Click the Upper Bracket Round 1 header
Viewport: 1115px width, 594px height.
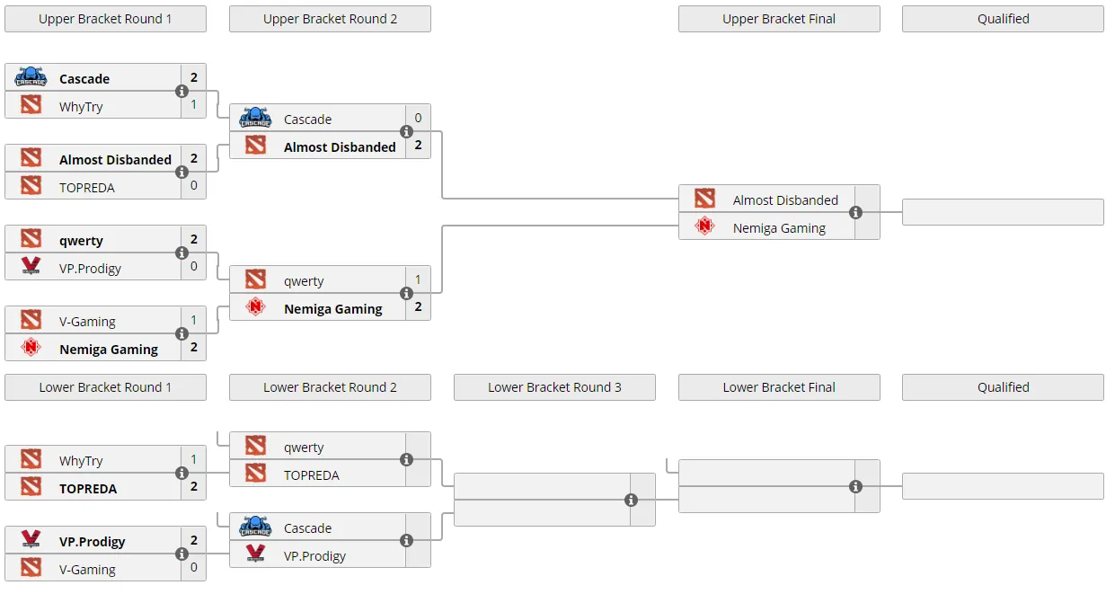pyautogui.click(x=105, y=19)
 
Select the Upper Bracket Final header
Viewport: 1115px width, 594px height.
pyautogui.click(x=779, y=19)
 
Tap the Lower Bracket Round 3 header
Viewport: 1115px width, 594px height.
pyautogui.click(x=554, y=387)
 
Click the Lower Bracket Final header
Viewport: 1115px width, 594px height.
pyautogui.click(x=779, y=387)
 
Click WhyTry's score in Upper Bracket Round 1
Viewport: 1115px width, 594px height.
pyautogui.click(x=194, y=104)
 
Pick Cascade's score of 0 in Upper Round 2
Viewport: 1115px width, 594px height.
pyautogui.click(x=418, y=118)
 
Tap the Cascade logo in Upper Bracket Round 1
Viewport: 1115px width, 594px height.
pyautogui.click(x=31, y=77)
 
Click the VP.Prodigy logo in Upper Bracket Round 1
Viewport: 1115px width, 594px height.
pyautogui.click(x=31, y=265)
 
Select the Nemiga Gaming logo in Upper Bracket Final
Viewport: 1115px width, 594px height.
pyautogui.click(x=704, y=226)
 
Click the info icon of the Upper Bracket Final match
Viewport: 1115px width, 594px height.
pyautogui.click(x=855, y=213)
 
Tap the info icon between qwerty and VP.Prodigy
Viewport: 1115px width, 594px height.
pyautogui.click(x=182, y=253)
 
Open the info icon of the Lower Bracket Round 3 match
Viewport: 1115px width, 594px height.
pyautogui.click(x=631, y=500)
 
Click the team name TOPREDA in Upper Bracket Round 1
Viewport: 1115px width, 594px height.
pyautogui.click(x=87, y=188)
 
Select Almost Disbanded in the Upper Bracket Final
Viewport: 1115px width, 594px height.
pyautogui.click(x=785, y=200)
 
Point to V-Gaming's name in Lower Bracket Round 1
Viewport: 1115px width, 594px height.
pyautogui.click(x=88, y=569)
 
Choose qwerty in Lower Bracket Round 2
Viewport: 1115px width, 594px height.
pyautogui.click(x=304, y=448)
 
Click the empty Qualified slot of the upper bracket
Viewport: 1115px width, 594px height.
pyautogui.click(x=1003, y=212)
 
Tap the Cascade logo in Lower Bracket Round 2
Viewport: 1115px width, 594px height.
pyautogui.click(x=255, y=527)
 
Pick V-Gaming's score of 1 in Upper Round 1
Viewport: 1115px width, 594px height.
pyautogui.click(x=194, y=320)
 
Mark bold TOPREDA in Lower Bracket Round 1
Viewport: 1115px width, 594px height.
pyautogui.click(x=88, y=489)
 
